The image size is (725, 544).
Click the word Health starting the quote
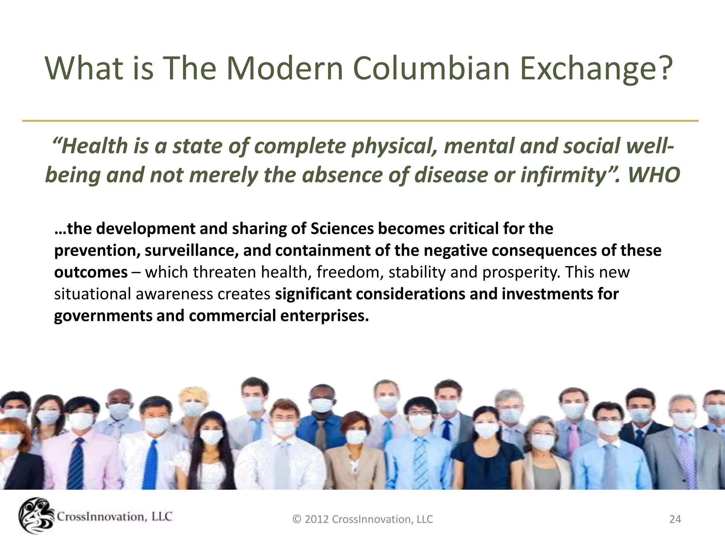[94, 146]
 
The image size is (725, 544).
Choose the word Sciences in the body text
[342, 229]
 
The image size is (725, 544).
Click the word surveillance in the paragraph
[192, 251]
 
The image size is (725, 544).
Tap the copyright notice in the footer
[362, 519]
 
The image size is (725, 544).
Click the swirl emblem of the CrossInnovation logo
[35, 516]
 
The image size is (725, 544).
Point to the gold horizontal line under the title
[360, 121]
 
